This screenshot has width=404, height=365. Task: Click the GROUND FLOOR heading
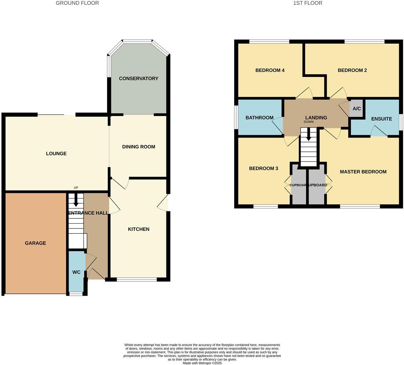[77, 3]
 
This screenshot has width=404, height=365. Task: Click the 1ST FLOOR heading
[308, 3]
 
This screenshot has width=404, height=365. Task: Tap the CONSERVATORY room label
[138, 79]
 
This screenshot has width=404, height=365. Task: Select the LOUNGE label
[56, 154]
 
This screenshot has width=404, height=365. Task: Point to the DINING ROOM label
[138, 147]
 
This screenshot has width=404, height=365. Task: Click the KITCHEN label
[138, 229]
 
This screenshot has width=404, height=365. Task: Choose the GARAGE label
[35, 243]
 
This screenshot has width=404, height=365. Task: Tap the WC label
[76, 272]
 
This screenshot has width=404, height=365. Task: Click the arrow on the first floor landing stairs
[308, 134]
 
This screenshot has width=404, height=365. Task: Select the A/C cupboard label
[357, 109]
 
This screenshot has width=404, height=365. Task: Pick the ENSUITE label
[381, 119]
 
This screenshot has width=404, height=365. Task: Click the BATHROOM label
[259, 118]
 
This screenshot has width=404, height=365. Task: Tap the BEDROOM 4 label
[270, 70]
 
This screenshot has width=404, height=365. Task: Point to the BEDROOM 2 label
[352, 70]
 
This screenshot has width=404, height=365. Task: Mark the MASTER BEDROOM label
[363, 172]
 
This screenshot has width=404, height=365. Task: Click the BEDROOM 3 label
[263, 169]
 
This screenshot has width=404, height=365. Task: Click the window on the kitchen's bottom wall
[137, 279]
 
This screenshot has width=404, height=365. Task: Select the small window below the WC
[76, 294]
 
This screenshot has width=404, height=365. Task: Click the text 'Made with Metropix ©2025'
[202, 363]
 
